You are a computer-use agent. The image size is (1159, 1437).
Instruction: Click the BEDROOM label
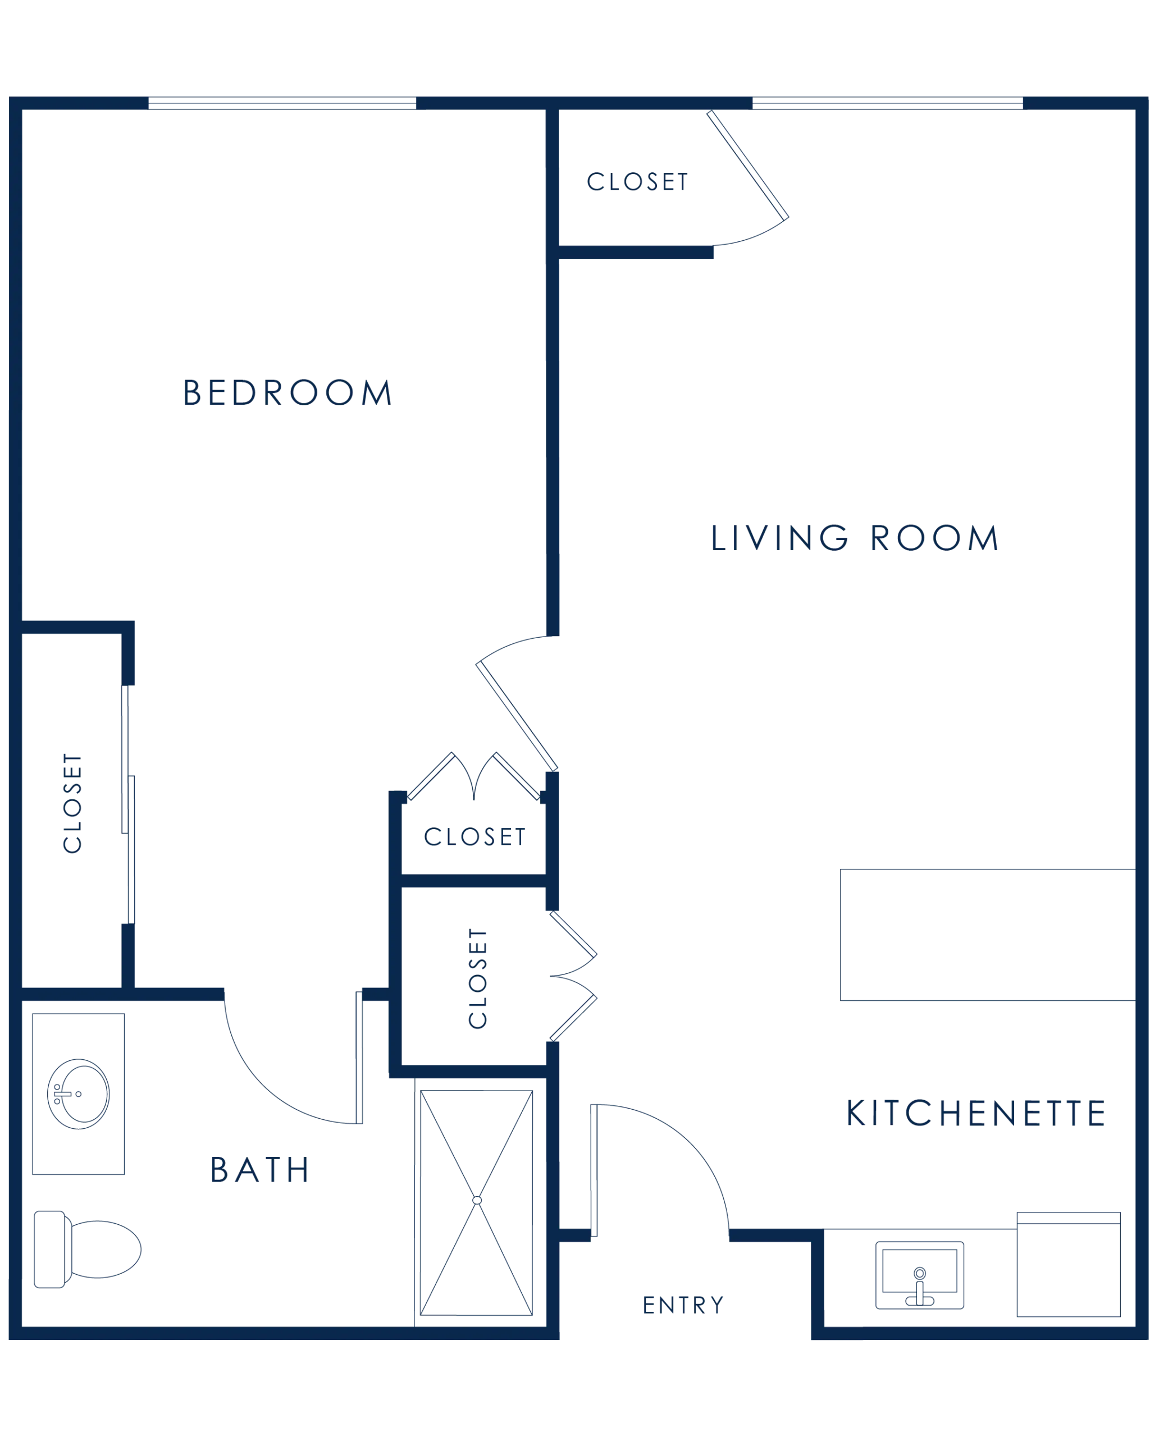(x=287, y=392)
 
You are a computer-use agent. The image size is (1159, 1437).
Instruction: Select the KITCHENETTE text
(x=976, y=1113)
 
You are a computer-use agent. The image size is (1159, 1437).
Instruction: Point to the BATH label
(x=259, y=1170)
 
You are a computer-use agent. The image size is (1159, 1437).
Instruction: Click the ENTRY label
(x=683, y=1305)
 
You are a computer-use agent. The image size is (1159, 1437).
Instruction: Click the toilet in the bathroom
(x=87, y=1249)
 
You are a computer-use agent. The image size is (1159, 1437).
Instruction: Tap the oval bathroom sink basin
(x=79, y=1094)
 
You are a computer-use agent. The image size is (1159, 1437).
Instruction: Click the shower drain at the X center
(x=477, y=1200)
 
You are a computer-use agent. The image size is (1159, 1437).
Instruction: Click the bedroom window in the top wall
(x=282, y=103)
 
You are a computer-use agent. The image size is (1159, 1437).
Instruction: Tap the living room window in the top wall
(x=887, y=103)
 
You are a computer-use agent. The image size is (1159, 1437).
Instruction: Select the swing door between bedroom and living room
(x=516, y=716)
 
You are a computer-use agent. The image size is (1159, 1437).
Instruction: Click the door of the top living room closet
(x=748, y=165)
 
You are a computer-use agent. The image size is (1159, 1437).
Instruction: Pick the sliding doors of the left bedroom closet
(x=128, y=804)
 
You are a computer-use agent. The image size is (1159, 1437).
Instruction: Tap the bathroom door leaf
(x=359, y=1057)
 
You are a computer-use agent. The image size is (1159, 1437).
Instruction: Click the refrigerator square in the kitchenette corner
(x=1068, y=1264)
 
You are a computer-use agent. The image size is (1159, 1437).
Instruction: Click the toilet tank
(x=49, y=1249)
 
